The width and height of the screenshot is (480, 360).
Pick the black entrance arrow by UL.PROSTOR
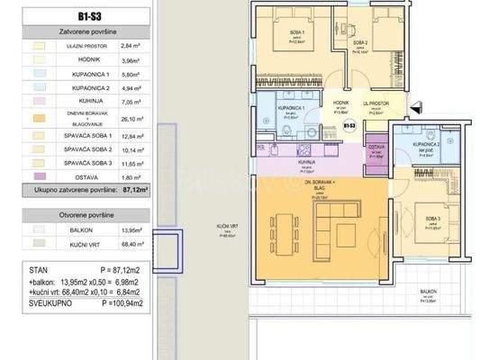[x=415, y=109]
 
